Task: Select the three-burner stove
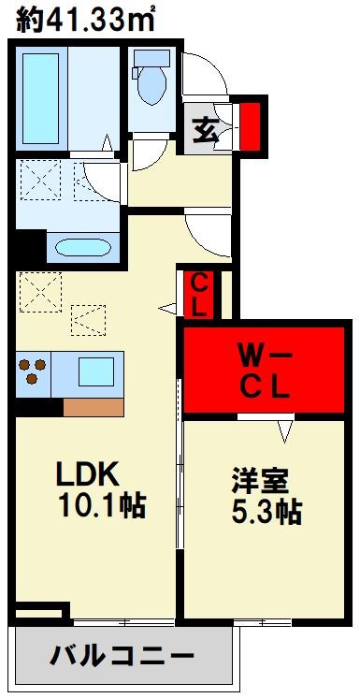(x=33, y=372)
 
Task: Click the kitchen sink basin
(x=94, y=372)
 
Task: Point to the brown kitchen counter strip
(x=93, y=407)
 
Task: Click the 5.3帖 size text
(x=267, y=512)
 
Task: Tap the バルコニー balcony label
(x=122, y=655)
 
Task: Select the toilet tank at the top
(x=149, y=58)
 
